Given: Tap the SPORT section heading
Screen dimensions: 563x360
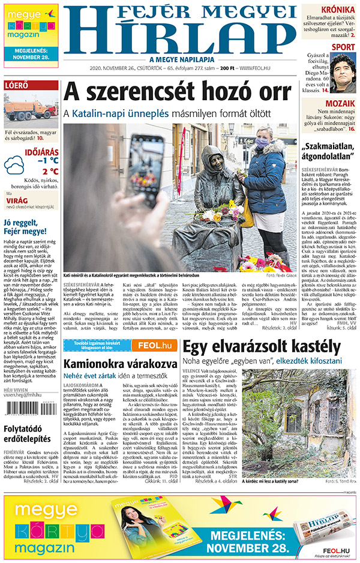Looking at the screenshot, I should click(343, 47).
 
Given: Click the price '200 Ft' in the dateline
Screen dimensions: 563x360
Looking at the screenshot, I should click(226, 68).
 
